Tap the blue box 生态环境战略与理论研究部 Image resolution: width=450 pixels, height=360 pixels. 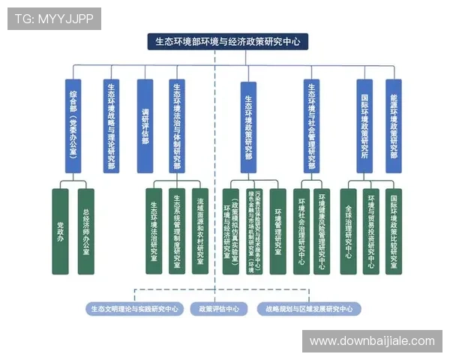[x=111, y=126]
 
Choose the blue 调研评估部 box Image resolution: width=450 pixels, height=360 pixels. [x=145, y=126]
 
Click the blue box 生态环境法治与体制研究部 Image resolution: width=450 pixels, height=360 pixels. [x=177, y=126]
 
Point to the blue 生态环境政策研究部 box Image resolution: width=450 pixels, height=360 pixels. [x=248, y=126]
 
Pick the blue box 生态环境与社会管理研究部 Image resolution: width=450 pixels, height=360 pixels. [x=312, y=126]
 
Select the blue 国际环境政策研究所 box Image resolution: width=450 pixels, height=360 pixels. [x=364, y=126]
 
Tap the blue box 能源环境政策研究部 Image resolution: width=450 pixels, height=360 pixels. [x=394, y=126]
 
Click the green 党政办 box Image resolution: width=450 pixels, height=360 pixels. [x=61, y=231]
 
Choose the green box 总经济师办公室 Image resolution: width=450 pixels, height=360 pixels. [x=86, y=231]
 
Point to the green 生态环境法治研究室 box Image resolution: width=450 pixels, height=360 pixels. [x=153, y=231]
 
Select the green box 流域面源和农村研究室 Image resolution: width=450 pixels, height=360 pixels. [x=200, y=231]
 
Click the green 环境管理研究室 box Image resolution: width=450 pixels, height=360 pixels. [x=277, y=231]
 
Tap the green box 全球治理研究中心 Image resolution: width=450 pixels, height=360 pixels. [x=348, y=231]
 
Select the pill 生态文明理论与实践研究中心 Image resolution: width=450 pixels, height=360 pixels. [x=134, y=309]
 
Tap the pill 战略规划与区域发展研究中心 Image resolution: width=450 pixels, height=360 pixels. [x=308, y=309]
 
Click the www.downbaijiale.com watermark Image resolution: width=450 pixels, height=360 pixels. [x=372, y=341]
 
